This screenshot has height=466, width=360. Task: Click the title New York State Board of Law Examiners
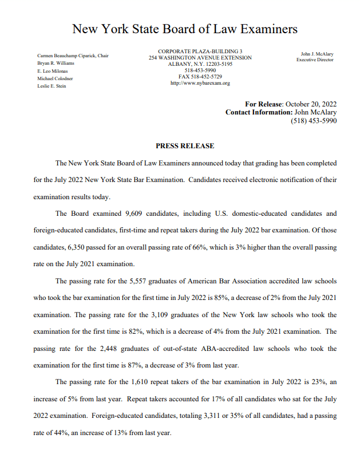pyautogui.click(x=185, y=29)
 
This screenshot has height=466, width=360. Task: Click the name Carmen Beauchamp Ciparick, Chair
pyautogui.click(x=73, y=56)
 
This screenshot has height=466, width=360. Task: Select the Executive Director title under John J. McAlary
pyautogui.click(x=315, y=60)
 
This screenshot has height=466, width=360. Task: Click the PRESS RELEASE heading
pyautogui.click(x=185, y=146)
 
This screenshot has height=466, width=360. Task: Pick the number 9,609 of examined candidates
pyautogui.click(x=134, y=214)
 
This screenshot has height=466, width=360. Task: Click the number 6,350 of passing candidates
pyautogui.click(x=80, y=247)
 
